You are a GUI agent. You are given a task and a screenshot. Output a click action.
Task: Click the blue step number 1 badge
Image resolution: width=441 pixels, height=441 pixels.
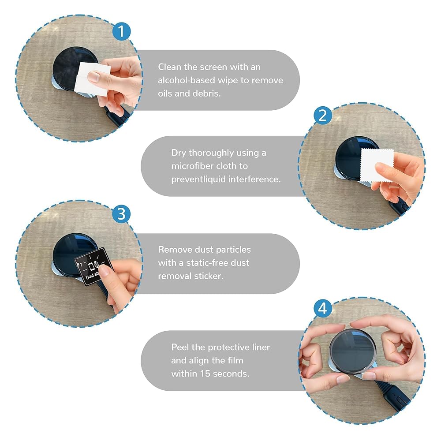tap(122, 31)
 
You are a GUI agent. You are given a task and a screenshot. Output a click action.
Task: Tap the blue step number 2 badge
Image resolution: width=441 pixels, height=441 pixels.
tap(323, 115)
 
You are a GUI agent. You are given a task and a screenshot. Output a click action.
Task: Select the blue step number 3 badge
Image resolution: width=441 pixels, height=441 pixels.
tap(121, 214)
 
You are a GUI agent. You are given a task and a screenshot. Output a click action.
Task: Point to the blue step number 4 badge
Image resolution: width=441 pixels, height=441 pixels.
tap(323, 309)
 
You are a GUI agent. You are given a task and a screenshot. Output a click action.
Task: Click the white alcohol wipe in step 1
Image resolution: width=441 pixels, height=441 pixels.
tap(91, 79)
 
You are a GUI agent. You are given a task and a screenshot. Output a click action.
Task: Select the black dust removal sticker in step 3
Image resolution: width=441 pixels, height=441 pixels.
tap(92, 267)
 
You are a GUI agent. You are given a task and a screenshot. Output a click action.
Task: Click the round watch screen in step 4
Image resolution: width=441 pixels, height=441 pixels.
tap(353, 351)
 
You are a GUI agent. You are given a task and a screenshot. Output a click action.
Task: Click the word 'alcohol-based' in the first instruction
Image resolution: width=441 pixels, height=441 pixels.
tap(187, 80)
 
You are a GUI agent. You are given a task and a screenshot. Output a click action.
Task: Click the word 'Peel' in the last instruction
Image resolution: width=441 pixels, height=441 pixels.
tap(180, 348)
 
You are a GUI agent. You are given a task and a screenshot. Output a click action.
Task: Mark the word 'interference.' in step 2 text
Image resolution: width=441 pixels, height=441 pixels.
tap(254, 179)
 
